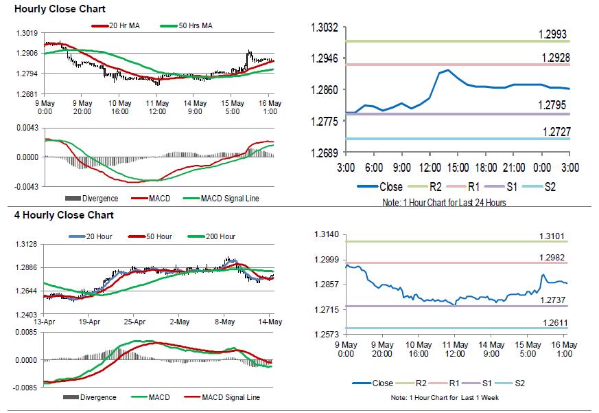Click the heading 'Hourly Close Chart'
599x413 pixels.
coord(49,10)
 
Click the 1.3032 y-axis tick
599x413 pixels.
coord(325,27)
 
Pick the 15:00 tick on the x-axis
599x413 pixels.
coord(458,168)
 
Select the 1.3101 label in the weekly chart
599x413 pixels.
coord(553,236)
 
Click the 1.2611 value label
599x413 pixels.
coord(553,322)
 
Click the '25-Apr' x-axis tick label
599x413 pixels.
coord(134,321)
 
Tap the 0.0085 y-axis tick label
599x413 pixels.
coord(27,333)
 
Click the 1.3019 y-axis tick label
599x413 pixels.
coord(27,33)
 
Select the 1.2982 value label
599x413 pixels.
coord(553,257)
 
